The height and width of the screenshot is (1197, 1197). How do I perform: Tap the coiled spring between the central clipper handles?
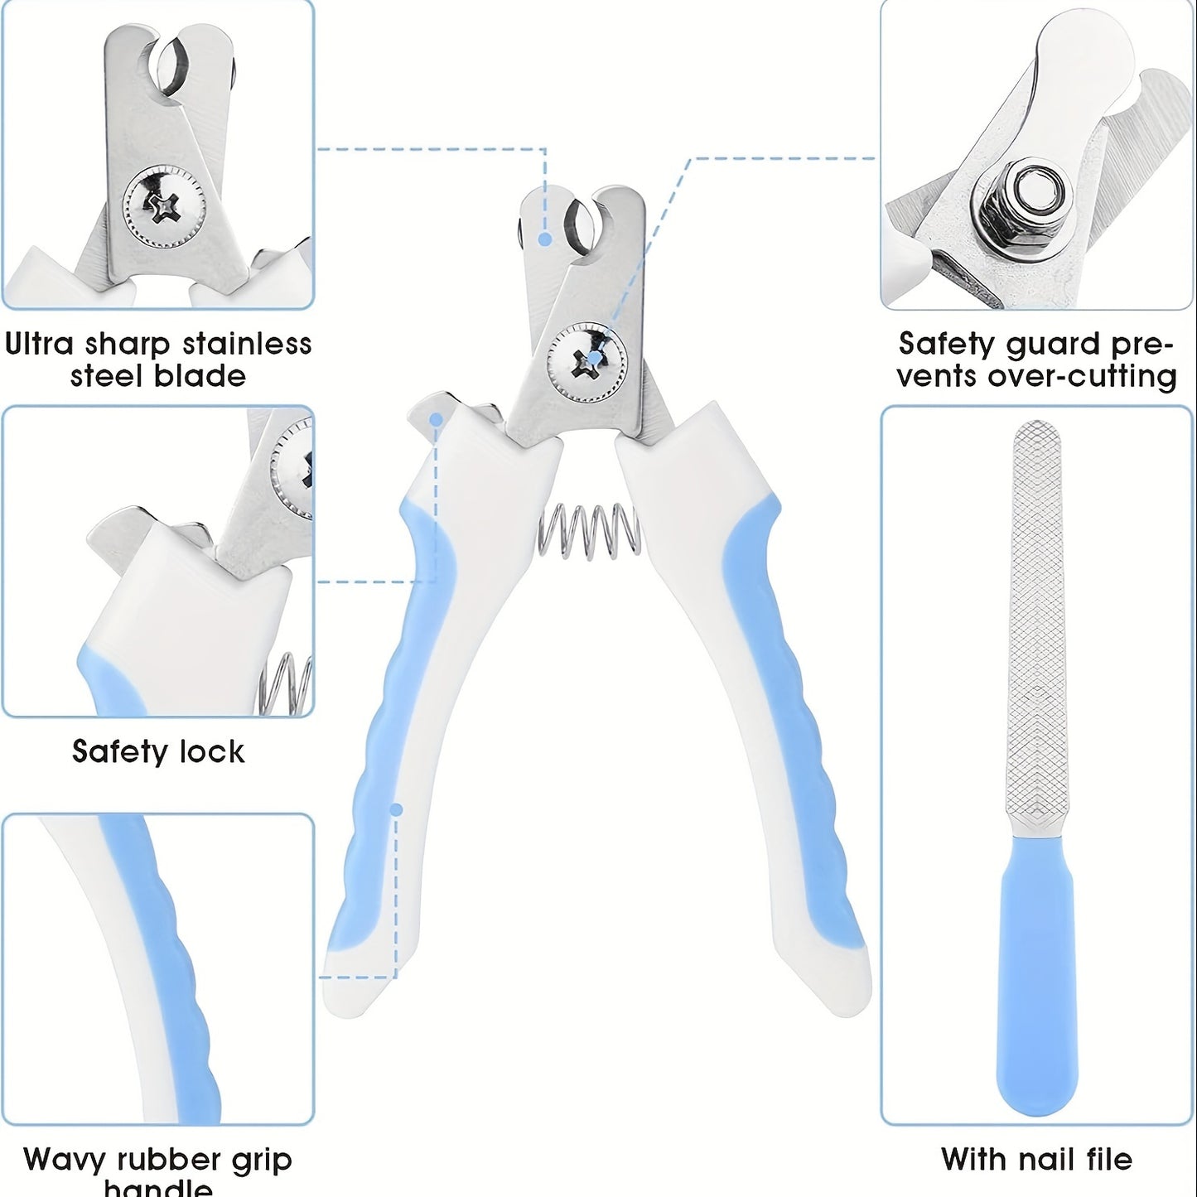tap(589, 529)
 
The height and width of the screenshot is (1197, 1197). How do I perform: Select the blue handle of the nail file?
tap(1037, 977)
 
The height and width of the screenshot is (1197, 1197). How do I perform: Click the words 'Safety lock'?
tap(158, 752)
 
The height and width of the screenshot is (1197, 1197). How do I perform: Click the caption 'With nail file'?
tap(1036, 1159)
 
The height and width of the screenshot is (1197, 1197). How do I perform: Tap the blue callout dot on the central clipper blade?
tap(545, 239)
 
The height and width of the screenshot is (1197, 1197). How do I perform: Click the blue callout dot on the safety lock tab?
tap(436, 420)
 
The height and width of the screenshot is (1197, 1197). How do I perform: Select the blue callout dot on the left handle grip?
tap(396, 809)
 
